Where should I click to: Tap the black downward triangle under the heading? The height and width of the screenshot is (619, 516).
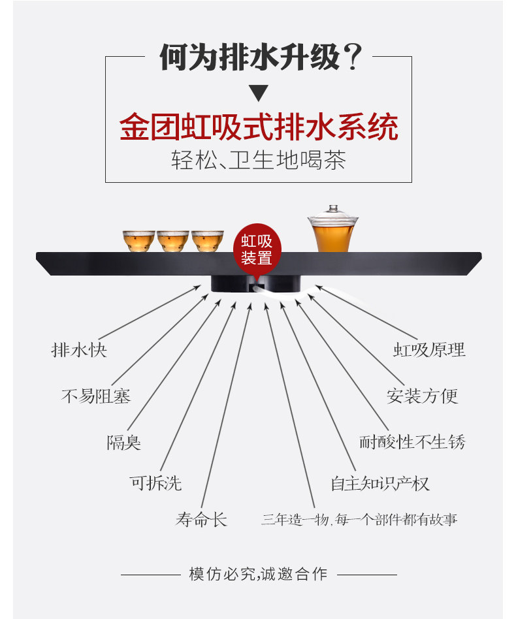coord(259,93)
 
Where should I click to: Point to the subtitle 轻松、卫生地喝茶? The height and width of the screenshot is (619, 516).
coord(259,161)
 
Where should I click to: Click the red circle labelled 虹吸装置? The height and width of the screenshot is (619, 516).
coord(257,248)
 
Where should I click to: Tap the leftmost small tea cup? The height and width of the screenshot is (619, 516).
coord(139,240)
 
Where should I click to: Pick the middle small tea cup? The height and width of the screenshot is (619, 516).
coord(173,240)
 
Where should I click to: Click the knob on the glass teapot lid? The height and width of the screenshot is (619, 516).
coord(334,209)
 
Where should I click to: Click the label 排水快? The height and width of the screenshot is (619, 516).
coord(79,350)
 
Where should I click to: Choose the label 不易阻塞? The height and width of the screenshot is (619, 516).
coord(95,396)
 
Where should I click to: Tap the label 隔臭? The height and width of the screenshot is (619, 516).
coord(123,443)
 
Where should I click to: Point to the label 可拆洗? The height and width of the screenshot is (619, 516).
coord(155,483)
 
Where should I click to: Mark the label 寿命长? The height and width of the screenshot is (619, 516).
coord(201,520)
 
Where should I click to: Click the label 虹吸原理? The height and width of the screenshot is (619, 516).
coord(429,350)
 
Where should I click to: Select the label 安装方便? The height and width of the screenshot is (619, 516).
coord(423,396)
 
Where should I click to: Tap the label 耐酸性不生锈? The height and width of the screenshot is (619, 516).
coord(412,442)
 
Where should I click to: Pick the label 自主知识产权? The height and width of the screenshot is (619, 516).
coord(379,484)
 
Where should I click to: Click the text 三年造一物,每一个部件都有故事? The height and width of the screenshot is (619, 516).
coord(359,520)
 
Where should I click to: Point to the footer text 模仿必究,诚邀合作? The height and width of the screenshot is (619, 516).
coord(258,575)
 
